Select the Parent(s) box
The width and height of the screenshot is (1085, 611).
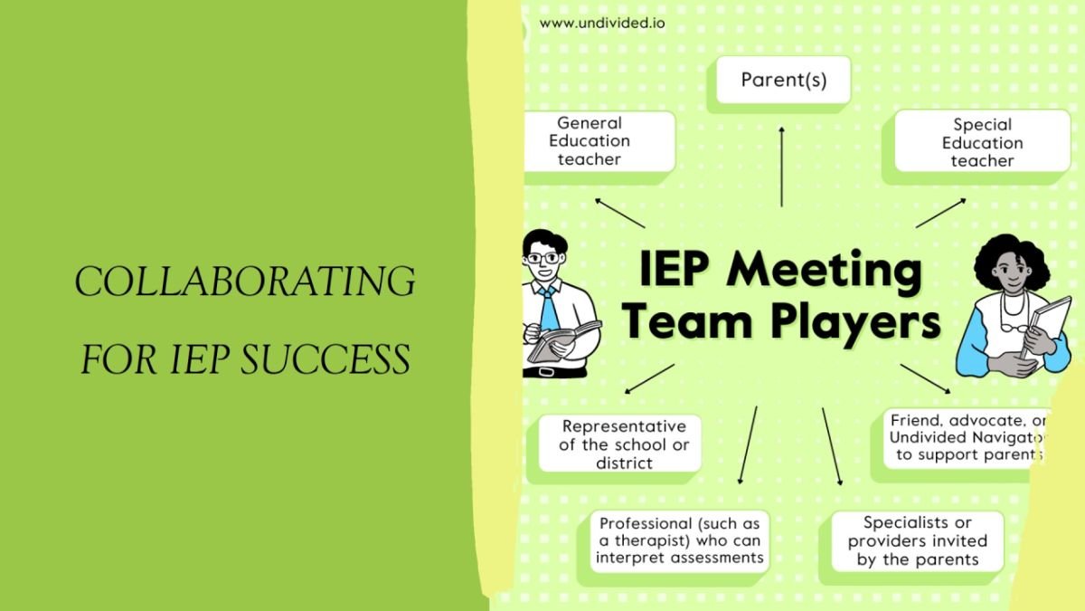(x=783, y=81)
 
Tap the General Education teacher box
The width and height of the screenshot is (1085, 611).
(x=590, y=141)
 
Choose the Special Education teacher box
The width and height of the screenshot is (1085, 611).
(x=982, y=142)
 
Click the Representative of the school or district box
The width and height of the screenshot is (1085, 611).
(x=623, y=444)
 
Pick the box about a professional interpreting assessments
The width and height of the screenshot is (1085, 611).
(x=679, y=540)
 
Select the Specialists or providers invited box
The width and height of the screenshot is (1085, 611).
(x=917, y=540)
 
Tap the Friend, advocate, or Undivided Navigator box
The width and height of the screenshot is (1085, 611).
(x=967, y=438)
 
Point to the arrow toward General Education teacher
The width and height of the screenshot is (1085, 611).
(x=619, y=212)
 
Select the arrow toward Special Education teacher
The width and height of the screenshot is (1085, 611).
(x=940, y=213)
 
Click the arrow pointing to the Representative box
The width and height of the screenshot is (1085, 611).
(x=649, y=378)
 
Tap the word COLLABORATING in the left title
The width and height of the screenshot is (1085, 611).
(x=245, y=282)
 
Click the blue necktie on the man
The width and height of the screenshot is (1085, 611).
(x=548, y=308)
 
